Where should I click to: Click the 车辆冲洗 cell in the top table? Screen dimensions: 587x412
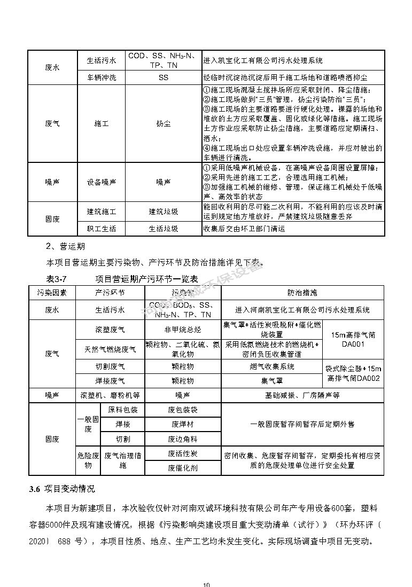coord(101,77)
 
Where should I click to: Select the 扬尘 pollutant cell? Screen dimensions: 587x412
coord(163,123)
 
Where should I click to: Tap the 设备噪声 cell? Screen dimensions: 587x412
coord(101,182)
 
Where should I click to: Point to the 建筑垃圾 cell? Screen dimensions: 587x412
coord(163,212)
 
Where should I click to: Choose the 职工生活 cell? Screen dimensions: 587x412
coord(101,229)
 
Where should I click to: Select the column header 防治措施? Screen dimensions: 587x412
coord(302,293)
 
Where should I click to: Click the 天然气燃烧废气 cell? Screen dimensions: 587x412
coord(110,349)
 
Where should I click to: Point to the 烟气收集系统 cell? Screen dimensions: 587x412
coord(272,367)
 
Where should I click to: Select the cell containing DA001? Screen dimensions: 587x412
coord(353,340)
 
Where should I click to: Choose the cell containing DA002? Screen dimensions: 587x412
coord(353,373)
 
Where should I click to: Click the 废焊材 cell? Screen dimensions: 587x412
coord(182,424)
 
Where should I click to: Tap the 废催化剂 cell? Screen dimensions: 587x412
coord(182,467)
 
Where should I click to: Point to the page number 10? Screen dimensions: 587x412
coord(206,584)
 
